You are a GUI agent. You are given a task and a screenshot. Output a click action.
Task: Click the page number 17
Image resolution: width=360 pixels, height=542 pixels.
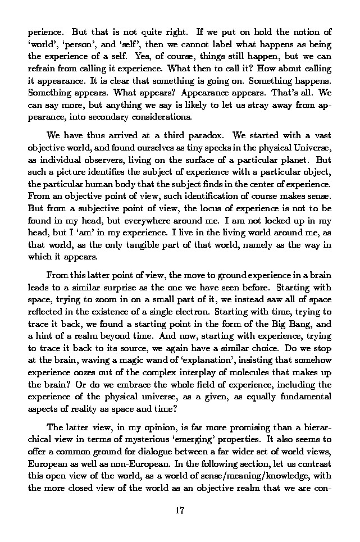coord(180,511)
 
